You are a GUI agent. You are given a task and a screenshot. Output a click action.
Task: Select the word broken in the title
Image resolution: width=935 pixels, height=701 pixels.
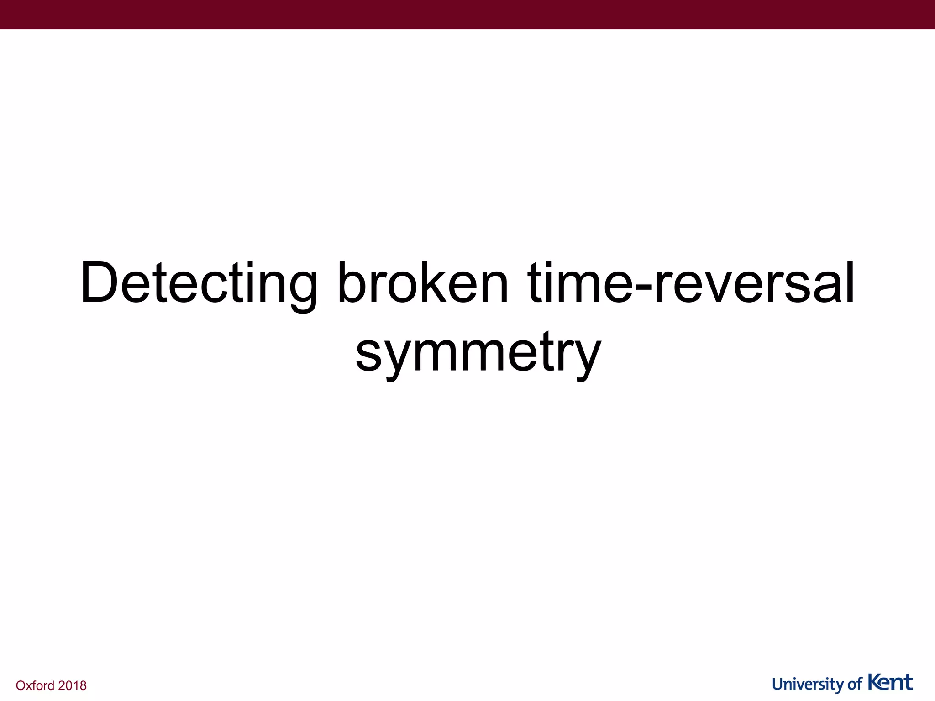point(422,283)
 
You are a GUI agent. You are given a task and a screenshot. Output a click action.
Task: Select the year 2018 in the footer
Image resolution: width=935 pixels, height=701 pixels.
point(72,685)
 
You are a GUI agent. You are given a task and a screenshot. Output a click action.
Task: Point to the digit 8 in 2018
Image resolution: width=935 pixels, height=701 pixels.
point(83,685)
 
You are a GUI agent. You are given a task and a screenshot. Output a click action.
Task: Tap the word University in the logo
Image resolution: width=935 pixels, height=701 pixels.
point(808,685)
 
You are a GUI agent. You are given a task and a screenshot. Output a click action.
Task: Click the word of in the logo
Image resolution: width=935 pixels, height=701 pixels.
point(855,685)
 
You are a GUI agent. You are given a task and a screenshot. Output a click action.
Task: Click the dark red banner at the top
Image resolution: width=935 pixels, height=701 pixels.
point(467,15)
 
